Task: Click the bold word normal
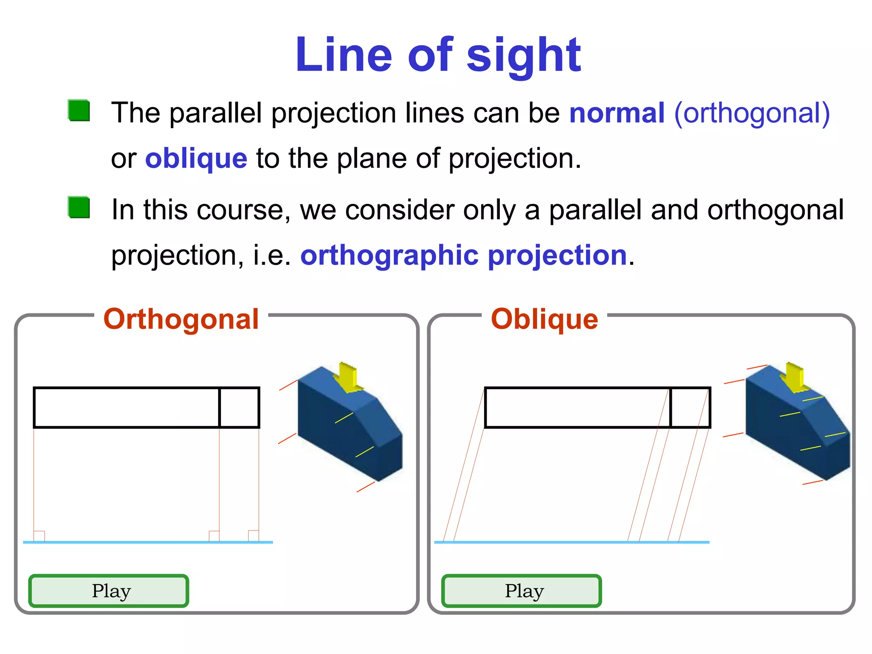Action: pos(617,113)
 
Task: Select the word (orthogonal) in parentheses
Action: pos(752,113)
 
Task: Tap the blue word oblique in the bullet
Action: pos(196,158)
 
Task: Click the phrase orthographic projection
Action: pos(463,255)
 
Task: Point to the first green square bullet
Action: pos(79,111)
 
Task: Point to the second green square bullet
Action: pos(79,207)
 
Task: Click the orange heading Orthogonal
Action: pos(181,319)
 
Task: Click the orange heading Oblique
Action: pos(544,319)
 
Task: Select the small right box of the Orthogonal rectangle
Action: pos(239,407)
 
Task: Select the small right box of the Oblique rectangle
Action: pos(690,407)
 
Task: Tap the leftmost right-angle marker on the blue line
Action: pos(39,536)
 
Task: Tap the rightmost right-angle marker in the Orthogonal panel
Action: pos(253,536)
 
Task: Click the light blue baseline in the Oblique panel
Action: pos(571,542)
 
